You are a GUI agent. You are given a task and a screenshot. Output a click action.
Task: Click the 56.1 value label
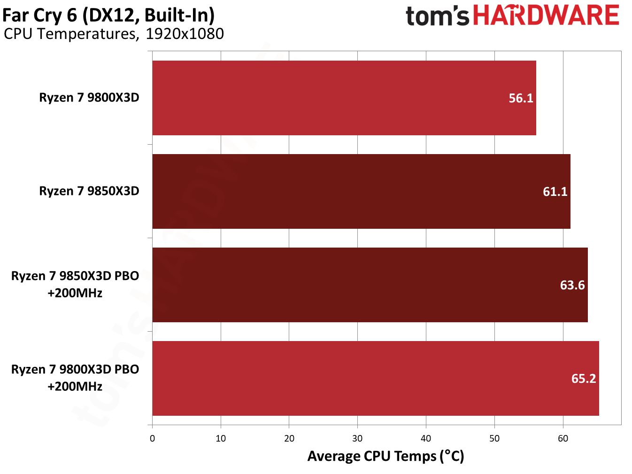click(x=521, y=98)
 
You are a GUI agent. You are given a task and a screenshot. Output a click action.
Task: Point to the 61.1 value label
click(x=555, y=192)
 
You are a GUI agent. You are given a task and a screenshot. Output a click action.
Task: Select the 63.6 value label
click(x=572, y=285)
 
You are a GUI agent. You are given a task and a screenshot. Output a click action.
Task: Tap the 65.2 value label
click(x=583, y=379)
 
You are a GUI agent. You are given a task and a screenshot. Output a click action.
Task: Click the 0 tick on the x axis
click(x=152, y=439)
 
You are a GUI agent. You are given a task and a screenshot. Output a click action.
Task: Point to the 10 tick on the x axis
click(x=221, y=439)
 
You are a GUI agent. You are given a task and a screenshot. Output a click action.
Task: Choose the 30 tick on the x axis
click(x=357, y=439)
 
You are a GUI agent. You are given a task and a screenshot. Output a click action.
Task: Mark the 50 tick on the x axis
click(x=494, y=439)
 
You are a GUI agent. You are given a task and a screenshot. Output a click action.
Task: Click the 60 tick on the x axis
click(x=563, y=439)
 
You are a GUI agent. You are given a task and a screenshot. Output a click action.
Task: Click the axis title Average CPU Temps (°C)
click(x=385, y=456)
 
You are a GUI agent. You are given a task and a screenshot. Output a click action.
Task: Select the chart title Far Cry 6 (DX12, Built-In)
click(x=108, y=15)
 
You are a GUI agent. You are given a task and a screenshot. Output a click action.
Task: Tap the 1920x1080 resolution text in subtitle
click(x=185, y=34)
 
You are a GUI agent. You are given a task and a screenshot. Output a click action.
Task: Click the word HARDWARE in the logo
click(x=546, y=16)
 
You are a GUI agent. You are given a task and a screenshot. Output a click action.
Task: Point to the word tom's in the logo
click(x=437, y=16)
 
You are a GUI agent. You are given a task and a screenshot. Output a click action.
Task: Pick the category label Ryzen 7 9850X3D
click(x=89, y=191)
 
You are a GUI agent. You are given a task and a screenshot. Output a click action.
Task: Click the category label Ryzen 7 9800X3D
click(x=89, y=98)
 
